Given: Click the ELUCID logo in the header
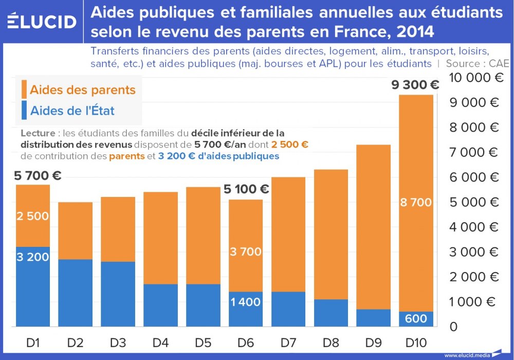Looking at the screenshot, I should [42, 22].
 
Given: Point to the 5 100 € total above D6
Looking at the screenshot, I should [246, 189].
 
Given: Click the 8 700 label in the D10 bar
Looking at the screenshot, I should [416, 203].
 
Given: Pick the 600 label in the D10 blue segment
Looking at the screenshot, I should [416, 319].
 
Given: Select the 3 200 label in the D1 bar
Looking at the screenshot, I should [32, 257].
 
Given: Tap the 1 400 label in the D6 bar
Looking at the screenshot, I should [245, 302].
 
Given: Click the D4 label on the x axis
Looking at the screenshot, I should [160, 341].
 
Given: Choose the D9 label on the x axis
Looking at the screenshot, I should [374, 341].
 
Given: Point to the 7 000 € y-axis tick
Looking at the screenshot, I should [474, 152].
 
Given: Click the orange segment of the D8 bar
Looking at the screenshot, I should [331, 234].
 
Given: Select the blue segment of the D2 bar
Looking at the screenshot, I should [75, 293].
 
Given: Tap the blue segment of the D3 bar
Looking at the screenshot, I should [118, 294].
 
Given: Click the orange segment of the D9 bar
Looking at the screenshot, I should [373, 226].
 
